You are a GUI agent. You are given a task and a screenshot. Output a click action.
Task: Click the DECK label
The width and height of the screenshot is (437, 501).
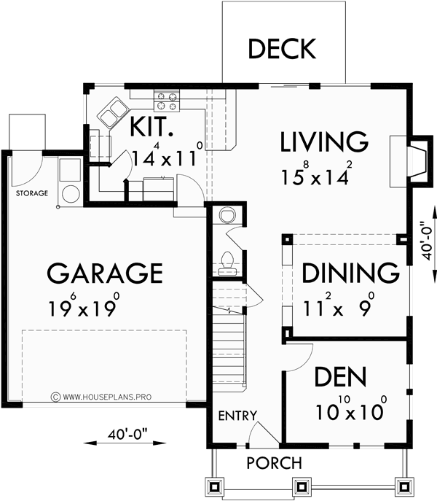[x=282, y=49]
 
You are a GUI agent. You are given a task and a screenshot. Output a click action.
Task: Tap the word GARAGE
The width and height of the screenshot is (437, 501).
[x=104, y=273]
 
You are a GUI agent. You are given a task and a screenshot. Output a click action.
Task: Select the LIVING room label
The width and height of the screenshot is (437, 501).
[x=324, y=141]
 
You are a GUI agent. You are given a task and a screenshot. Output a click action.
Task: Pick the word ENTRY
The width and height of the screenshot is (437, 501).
[x=237, y=416]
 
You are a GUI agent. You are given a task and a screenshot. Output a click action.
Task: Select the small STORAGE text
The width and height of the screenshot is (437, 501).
[x=31, y=194]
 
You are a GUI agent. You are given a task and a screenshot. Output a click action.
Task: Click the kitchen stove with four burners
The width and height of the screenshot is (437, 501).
[x=165, y=98]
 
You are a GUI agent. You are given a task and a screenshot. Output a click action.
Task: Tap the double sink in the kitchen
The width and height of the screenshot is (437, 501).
[x=111, y=112]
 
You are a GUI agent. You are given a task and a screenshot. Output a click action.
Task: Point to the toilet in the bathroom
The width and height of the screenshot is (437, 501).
[x=226, y=259]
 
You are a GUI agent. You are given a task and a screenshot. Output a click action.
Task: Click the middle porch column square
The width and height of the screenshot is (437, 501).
[x=300, y=486]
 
